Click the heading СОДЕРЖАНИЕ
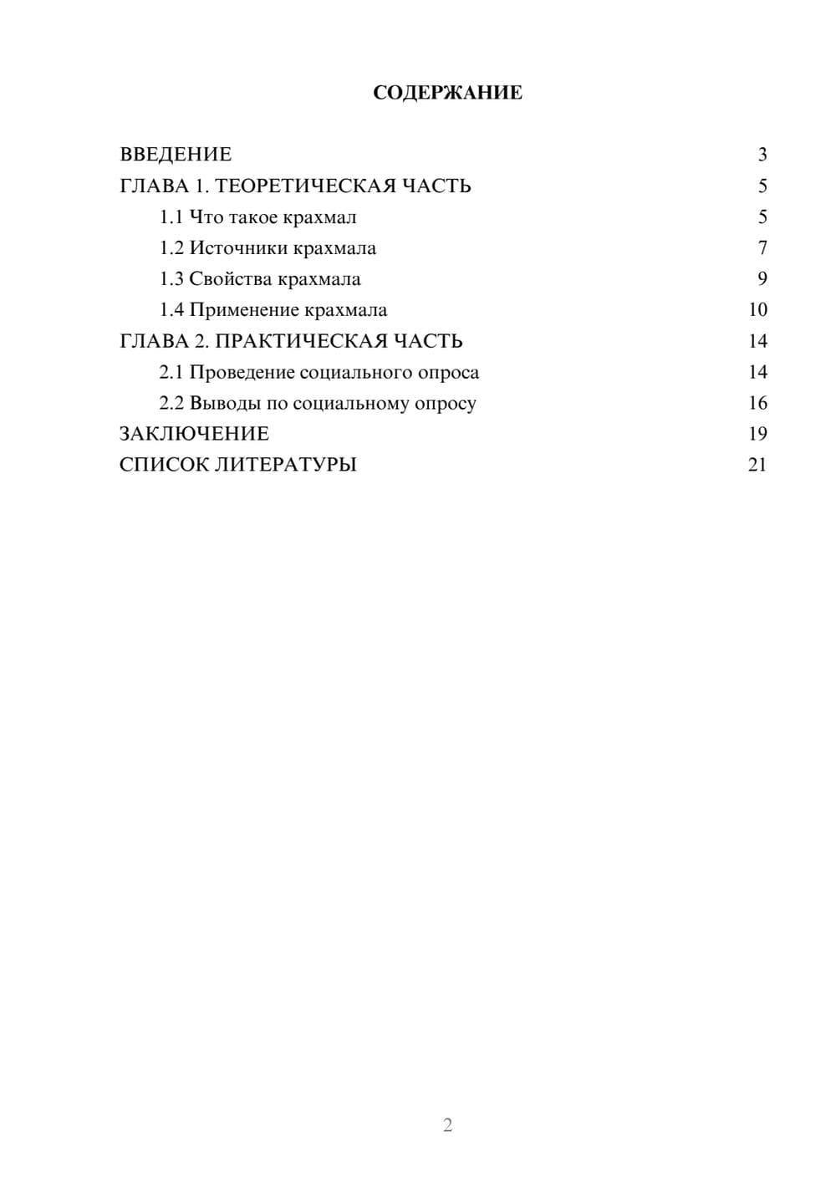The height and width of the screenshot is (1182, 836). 447,93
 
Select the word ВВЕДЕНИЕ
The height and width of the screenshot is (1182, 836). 176,155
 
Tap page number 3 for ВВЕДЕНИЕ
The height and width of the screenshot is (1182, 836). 762,155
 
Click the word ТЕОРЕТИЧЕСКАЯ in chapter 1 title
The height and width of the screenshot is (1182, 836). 299,186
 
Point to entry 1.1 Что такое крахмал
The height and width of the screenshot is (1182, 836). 257,217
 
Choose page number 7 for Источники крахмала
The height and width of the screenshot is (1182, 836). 762,248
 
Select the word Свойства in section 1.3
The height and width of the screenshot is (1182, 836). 230,279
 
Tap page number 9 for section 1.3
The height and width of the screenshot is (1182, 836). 762,279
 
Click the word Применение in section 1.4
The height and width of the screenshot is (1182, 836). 244,310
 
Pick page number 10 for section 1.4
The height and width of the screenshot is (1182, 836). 757,310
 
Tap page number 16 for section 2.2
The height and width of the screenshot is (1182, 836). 757,403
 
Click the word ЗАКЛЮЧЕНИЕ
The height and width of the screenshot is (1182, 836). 194,434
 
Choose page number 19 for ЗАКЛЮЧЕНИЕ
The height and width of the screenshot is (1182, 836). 757,434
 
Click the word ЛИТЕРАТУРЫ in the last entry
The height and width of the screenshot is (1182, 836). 286,465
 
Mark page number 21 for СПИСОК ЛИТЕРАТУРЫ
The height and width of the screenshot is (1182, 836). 757,465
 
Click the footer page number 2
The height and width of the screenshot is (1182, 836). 447,1125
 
